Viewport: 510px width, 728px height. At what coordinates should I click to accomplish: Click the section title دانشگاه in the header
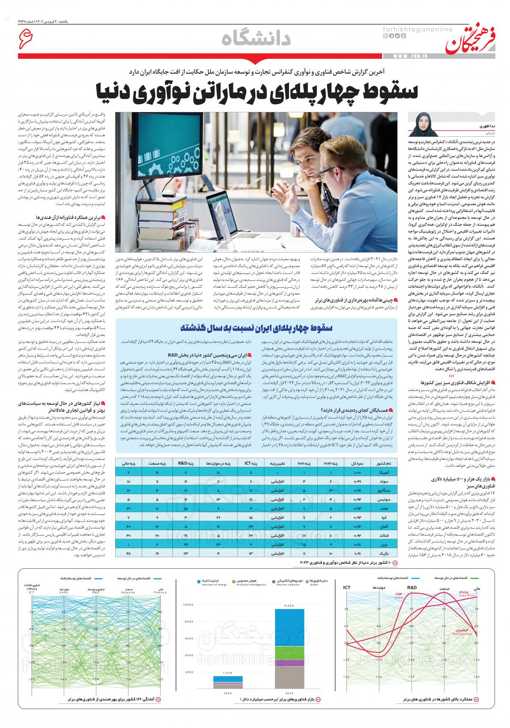click(256, 39)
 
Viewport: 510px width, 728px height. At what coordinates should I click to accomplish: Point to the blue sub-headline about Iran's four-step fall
click(256, 328)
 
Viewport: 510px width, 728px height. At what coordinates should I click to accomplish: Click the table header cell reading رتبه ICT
click(249, 463)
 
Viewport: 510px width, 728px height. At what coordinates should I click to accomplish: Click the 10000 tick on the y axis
click(189, 605)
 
